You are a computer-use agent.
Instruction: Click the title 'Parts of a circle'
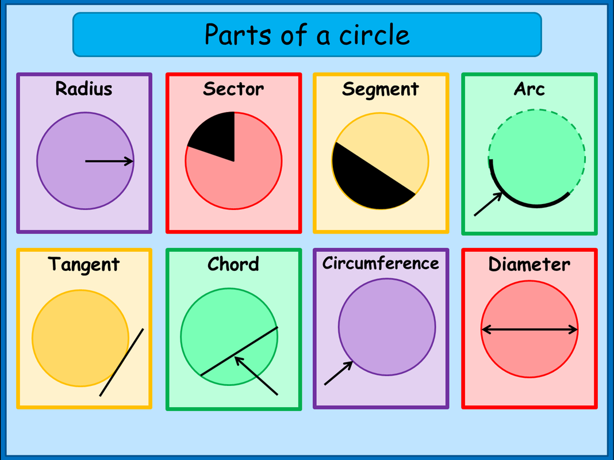point(307,34)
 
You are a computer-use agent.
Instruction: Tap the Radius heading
point(84,89)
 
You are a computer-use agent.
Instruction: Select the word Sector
point(233,89)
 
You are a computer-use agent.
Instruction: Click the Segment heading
point(380,90)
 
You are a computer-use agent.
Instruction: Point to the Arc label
point(529,89)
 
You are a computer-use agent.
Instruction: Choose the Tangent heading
point(84,264)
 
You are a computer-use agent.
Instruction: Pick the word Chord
point(233,264)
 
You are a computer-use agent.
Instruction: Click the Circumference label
point(381,263)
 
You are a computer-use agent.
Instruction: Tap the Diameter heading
point(529,264)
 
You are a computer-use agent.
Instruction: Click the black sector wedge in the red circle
point(216,136)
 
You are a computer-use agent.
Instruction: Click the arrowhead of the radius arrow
point(130,162)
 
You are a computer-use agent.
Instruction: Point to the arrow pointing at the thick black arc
point(488,205)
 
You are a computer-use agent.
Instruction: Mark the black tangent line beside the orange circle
point(122,362)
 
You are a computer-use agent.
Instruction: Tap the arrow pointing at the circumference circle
point(338,373)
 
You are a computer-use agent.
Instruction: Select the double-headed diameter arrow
point(529,329)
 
